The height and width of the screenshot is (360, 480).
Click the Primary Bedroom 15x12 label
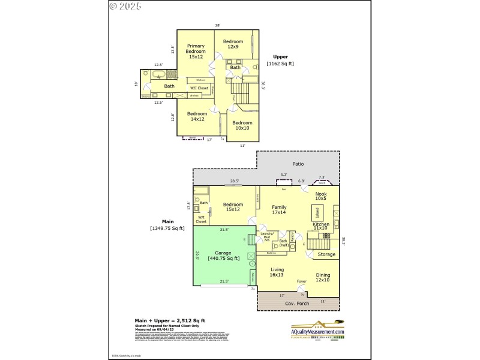pyautogui.click(x=196, y=52)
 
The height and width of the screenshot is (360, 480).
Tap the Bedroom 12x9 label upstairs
pyautogui.click(x=233, y=44)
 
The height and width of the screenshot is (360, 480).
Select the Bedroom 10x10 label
pyautogui.click(x=243, y=126)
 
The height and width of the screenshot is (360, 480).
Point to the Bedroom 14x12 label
pyautogui.click(x=197, y=116)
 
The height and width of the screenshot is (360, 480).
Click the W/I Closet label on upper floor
pyautogui.click(x=199, y=88)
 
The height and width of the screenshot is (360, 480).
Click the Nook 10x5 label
pyautogui.click(x=320, y=196)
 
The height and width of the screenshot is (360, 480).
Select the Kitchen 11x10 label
pyautogui.click(x=320, y=226)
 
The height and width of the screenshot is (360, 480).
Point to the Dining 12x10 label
pyautogui.click(x=322, y=277)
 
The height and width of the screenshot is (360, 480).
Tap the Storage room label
pyautogui.click(x=326, y=254)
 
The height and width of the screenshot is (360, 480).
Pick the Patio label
pyautogui.click(x=298, y=164)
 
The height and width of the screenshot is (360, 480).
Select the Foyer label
pyautogui.click(x=302, y=281)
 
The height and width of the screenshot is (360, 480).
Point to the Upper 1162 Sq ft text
pyautogui.click(x=280, y=60)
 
